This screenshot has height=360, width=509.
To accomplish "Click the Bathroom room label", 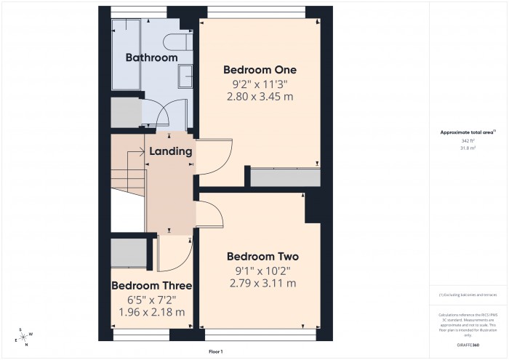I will (151, 57).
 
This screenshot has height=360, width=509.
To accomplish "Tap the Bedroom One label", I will (260, 70).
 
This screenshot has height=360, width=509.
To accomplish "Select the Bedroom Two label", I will (262, 257).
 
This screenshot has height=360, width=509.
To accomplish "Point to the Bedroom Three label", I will (151, 284).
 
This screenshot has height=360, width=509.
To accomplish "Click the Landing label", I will (170, 152).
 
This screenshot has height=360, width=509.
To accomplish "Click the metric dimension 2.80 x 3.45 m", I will (260, 97).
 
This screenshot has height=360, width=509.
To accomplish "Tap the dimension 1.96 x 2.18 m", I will (151, 312).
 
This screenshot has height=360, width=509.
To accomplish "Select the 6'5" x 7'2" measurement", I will (151, 298).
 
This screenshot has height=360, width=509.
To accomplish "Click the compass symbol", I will (24, 335).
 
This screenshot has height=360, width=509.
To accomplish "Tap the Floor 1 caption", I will (215, 351).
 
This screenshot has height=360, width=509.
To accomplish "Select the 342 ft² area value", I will (468, 140).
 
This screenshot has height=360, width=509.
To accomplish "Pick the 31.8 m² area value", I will (468, 148).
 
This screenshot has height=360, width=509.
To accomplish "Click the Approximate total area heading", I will (468, 132).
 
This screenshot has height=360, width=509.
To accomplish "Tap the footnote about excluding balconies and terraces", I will (468, 295).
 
